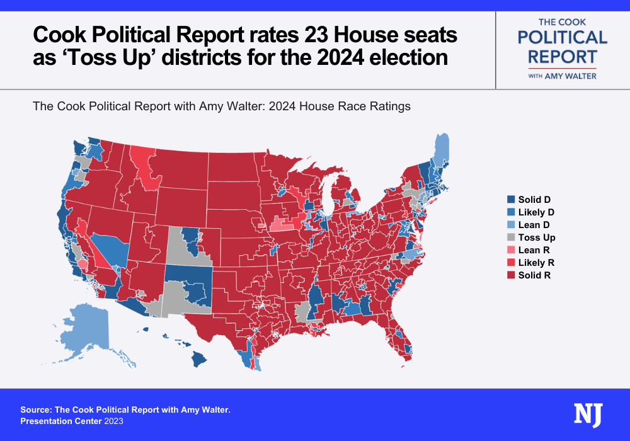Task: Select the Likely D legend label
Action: pos(536,212)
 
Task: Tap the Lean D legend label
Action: pos(535,225)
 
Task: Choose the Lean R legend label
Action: pos(534,250)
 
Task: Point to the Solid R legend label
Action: pos(535,275)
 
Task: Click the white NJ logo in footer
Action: pos(588,415)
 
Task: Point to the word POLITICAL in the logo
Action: pos(563,38)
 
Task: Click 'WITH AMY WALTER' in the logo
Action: pos(563,76)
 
